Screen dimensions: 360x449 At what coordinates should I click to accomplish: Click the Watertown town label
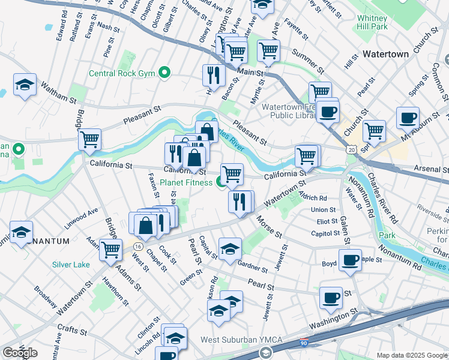tap(385, 54)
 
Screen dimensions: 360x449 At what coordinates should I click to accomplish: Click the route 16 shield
tap(138, 247)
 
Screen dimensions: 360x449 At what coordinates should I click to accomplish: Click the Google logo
tap(20, 353)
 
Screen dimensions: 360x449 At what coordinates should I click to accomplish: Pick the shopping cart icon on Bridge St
tap(89, 140)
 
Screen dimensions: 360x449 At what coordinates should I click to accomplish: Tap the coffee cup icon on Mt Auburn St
tap(407, 118)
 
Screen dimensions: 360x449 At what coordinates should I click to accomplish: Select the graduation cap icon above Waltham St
tap(25, 84)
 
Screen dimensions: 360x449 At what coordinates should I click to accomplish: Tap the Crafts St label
tap(72, 329)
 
